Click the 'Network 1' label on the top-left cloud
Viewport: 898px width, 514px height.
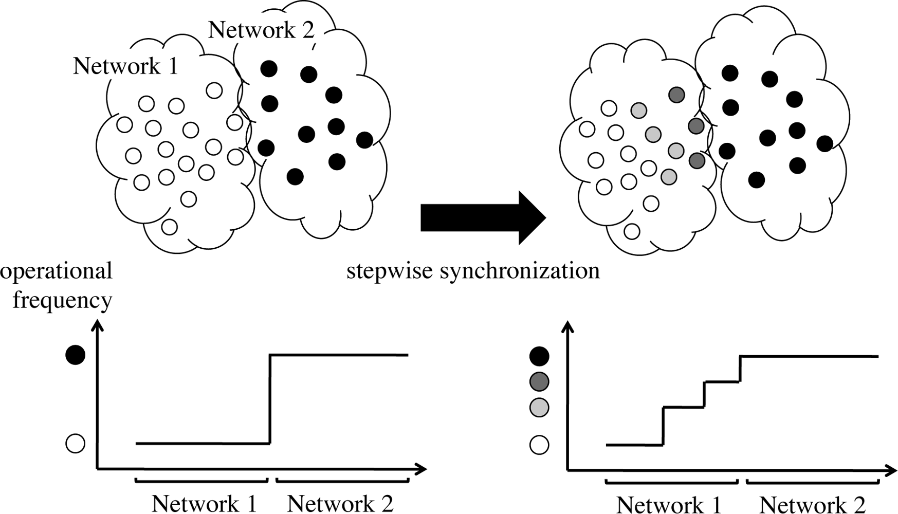pos(125,66)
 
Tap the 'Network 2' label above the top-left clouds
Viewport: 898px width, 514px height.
pos(261,30)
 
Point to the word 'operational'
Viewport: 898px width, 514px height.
pos(57,270)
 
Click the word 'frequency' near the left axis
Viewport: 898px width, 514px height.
pos(62,300)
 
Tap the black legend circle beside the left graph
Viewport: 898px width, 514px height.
pos(76,355)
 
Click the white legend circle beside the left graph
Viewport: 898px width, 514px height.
pos(76,444)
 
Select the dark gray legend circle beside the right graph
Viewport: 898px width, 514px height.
pos(539,381)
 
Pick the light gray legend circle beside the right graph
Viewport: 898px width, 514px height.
pos(539,408)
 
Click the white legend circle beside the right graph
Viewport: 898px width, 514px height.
pos(539,445)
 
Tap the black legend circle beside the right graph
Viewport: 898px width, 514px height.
pos(539,356)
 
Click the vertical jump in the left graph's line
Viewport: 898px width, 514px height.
pos(270,398)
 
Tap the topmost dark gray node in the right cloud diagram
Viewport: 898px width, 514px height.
pos(677,95)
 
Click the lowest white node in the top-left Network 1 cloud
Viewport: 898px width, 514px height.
pos(170,227)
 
